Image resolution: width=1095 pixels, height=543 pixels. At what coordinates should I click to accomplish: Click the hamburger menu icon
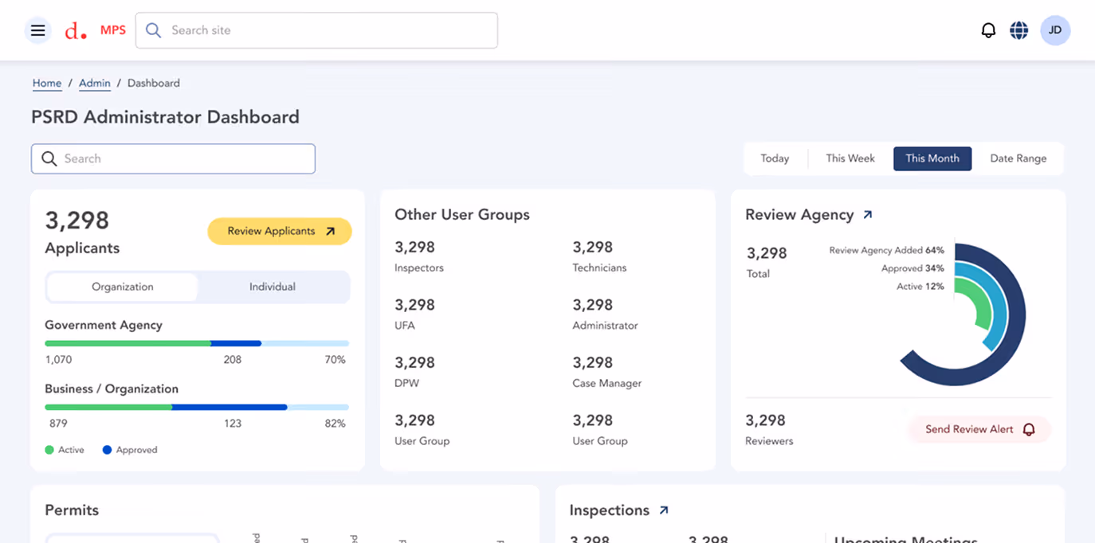(37, 30)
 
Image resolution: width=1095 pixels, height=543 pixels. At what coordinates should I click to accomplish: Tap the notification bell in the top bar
(988, 30)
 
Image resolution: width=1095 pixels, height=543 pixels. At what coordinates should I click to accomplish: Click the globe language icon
(1018, 30)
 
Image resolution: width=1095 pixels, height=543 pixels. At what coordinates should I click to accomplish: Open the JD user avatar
(1055, 30)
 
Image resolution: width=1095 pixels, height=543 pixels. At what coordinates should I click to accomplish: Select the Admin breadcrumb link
(94, 83)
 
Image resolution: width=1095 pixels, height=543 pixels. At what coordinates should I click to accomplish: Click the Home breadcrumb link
(47, 83)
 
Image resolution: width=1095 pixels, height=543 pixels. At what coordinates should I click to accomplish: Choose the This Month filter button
(932, 158)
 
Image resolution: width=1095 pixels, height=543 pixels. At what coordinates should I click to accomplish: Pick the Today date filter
(775, 158)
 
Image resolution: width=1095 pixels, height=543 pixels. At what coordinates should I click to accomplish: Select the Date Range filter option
(1018, 158)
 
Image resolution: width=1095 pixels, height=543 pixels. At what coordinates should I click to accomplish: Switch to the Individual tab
(273, 287)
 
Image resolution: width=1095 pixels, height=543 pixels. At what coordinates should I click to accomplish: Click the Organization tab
(123, 287)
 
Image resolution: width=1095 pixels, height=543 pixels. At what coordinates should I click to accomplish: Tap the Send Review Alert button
(979, 429)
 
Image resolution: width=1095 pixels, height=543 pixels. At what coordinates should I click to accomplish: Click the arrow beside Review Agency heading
(868, 215)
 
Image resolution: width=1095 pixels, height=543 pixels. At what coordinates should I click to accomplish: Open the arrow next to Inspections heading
(664, 510)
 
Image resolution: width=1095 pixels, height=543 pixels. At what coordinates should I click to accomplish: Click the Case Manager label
(606, 383)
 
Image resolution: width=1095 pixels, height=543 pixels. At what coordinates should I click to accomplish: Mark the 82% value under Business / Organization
(335, 424)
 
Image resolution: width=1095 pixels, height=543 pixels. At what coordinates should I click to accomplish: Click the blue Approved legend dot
(107, 450)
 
